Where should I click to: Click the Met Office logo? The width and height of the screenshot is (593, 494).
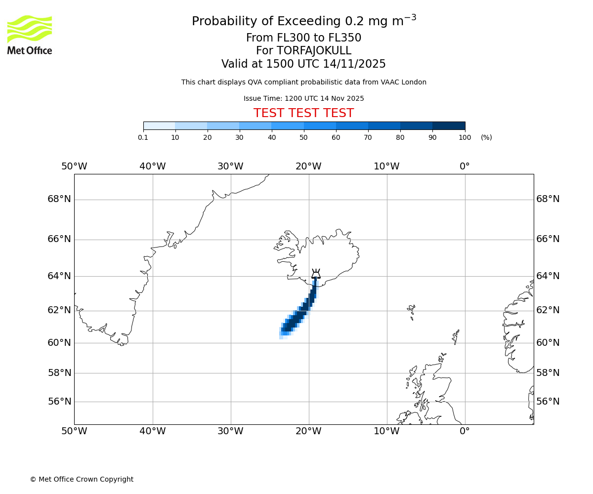coord(30,35)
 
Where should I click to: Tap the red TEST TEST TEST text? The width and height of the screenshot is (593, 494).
coord(303,113)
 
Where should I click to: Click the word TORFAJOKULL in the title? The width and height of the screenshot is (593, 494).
coord(314,51)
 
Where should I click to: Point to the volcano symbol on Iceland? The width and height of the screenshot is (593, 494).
coord(316,274)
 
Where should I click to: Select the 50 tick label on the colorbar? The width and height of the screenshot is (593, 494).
coord(303,137)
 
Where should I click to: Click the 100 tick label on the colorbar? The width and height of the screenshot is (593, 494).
coord(465,137)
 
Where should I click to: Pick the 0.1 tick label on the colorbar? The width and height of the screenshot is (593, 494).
coord(143,137)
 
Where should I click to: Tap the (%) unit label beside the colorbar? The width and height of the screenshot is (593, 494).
coord(486,137)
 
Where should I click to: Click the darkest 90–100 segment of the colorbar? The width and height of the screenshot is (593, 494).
coord(449,125)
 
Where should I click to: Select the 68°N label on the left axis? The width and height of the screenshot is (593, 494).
coord(59,199)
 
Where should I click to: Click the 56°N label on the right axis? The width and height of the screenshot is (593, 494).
coord(548,402)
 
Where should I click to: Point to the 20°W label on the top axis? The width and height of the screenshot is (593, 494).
coord(308,166)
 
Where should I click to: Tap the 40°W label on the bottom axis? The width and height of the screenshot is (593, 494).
coord(152,431)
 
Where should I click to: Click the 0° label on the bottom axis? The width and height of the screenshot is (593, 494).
coord(465,431)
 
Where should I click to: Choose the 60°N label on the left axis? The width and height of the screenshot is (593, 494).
coord(59,342)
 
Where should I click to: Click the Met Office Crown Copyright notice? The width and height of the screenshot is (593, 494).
coord(82,479)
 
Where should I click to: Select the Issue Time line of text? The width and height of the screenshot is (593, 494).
coord(303,98)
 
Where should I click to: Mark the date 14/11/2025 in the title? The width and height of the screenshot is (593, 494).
coord(354,64)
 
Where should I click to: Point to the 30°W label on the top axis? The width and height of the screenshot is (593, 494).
coord(230,166)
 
